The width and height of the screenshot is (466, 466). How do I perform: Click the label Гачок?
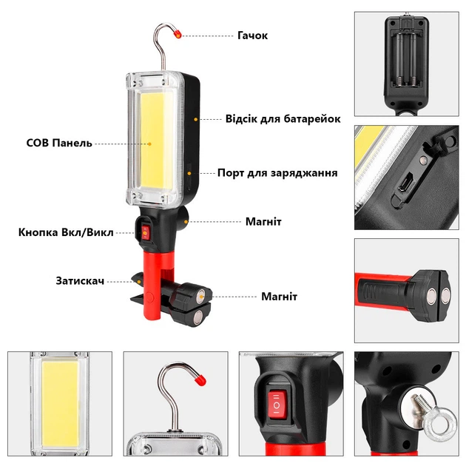(253, 36)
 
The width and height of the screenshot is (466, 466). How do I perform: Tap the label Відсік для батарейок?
(283, 118)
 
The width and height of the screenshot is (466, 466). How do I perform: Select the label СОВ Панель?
(59, 143)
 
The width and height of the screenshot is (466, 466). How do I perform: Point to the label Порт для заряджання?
(277, 173)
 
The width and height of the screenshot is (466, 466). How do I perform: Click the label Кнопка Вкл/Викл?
(66, 232)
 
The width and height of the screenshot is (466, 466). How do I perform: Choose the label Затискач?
(80, 281)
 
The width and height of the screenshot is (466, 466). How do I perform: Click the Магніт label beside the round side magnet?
(263, 222)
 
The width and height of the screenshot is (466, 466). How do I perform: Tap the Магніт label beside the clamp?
(279, 297)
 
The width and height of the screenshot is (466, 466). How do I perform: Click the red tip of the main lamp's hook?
(178, 34)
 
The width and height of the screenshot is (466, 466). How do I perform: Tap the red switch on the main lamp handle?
(145, 232)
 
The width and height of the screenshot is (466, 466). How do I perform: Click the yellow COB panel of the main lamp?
(156, 143)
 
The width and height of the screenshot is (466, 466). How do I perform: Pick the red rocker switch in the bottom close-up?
(277, 405)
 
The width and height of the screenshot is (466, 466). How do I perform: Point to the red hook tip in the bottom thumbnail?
(200, 379)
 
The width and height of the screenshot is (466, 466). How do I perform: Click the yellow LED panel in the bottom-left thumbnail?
(60, 403)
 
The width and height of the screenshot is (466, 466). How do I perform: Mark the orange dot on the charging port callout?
(189, 173)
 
